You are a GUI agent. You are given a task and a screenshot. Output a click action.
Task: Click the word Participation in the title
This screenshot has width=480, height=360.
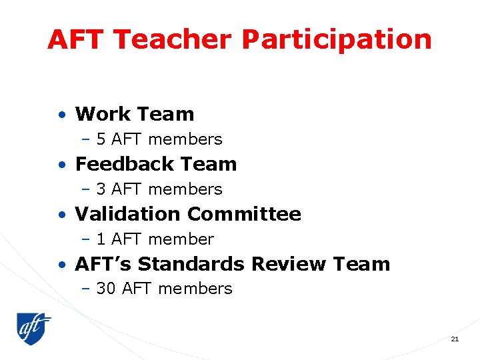337,40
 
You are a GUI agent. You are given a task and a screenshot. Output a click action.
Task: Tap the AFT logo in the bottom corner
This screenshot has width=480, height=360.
33,328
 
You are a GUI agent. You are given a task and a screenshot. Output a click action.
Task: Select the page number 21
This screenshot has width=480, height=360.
455,339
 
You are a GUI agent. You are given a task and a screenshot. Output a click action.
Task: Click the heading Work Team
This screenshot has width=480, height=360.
135,114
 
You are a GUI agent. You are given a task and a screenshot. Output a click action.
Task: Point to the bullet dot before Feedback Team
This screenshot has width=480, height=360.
61,165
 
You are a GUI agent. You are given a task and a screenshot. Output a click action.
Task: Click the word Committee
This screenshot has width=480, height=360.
244,214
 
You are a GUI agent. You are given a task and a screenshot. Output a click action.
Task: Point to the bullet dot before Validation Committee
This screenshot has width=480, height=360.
61,215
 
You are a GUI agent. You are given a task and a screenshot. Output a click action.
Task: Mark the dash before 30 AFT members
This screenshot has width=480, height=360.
85,289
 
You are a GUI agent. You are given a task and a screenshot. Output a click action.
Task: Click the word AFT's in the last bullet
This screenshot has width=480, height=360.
103,264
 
